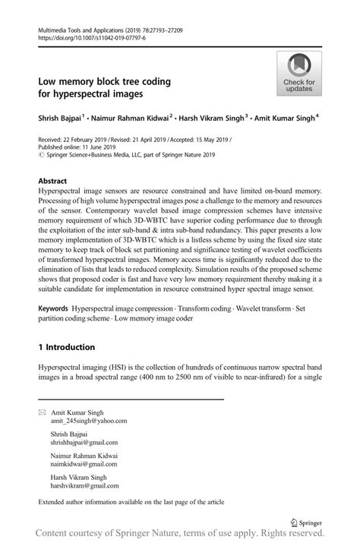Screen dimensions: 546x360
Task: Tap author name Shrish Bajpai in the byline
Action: (x=60, y=118)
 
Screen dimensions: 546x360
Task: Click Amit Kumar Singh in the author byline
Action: (x=286, y=118)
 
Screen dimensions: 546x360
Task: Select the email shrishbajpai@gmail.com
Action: (x=89, y=442)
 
